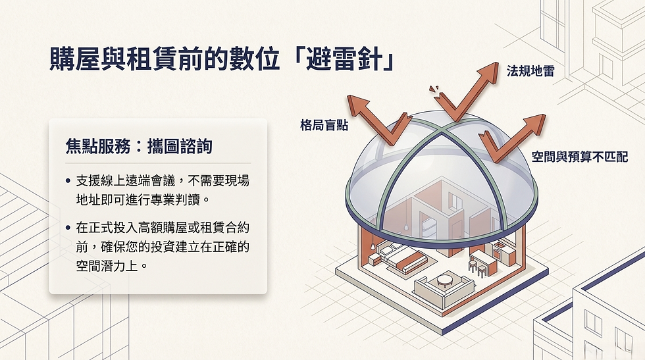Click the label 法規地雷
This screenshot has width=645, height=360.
(x=530, y=70)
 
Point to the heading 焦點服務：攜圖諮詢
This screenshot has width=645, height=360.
(x=139, y=145)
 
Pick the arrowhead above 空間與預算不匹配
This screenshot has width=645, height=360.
(x=535, y=122)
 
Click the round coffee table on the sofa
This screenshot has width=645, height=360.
(x=445, y=280)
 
